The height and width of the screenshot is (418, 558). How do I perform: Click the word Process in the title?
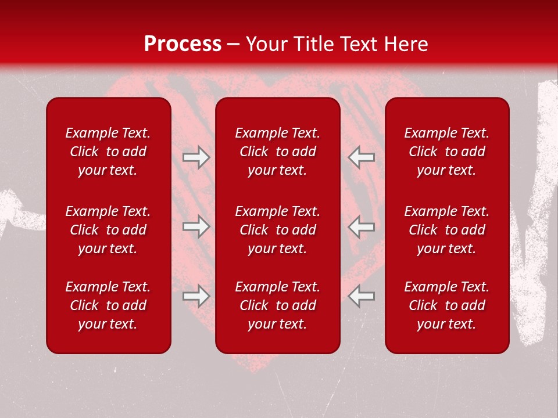(183, 44)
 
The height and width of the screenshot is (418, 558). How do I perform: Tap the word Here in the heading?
(406, 44)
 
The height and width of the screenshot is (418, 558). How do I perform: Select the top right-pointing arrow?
(196, 157)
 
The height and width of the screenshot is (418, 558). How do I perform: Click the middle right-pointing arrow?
(196, 226)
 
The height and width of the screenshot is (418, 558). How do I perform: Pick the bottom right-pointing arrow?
(196, 296)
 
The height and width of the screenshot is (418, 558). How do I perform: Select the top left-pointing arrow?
(362, 157)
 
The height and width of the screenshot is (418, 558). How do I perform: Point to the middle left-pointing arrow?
(362, 226)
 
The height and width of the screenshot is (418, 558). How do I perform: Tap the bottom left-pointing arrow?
(362, 296)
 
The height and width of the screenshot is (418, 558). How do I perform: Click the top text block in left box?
(108, 152)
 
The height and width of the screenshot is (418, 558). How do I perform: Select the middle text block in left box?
(108, 230)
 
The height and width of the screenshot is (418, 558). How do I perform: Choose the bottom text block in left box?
(108, 305)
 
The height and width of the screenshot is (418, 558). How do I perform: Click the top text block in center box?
(277, 152)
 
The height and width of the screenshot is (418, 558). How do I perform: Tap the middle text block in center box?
(277, 230)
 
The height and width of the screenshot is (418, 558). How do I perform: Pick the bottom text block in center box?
(277, 305)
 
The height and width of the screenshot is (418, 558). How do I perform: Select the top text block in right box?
(446, 152)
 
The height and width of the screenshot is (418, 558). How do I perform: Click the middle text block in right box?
(446, 230)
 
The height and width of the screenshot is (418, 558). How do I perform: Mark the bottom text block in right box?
(446, 305)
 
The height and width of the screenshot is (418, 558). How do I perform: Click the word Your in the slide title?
(265, 44)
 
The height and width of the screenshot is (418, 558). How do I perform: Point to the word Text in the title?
(359, 44)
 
